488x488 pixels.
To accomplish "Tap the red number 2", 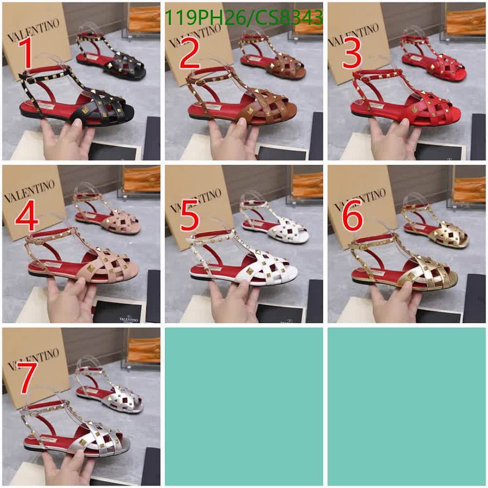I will pyautogui.click(x=189, y=55).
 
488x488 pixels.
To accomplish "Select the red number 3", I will pyautogui.click(x=352, y=54).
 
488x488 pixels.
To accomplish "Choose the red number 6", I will pyautogui.click(x=352, y=216).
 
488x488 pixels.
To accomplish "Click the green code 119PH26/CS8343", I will pyautogui.click(x=243, y=18).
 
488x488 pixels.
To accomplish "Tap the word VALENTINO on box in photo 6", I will pyautogui.click(x=359, y=199).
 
